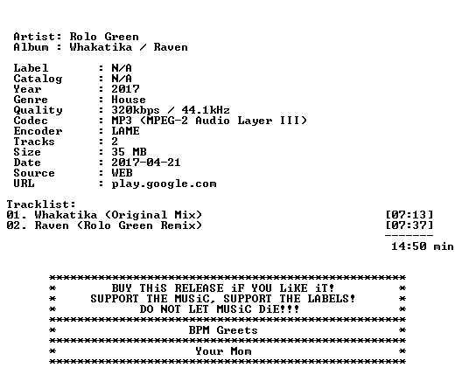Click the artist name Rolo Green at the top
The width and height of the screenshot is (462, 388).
tap(104, 37)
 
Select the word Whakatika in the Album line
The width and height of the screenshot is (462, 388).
tap(101, 47)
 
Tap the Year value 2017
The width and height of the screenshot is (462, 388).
tap(125, 89)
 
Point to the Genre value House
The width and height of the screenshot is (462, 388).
tap(129, 100)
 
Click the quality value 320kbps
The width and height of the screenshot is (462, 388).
tap(136, 110)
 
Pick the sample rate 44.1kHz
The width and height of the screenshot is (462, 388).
tap(206, 110)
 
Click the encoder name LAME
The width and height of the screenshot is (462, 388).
tap(125, 131)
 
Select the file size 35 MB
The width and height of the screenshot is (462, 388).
tap(129, 152)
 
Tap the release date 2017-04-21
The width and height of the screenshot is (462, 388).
tap(146, 163)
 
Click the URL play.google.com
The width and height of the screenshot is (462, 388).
tap(164, 184)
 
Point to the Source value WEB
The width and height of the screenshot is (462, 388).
tap(122, 173)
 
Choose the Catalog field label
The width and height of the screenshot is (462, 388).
tap(38, 79)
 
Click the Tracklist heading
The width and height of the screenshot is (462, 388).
tap(41, 204)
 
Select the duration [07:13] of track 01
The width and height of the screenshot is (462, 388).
tap(409, 215)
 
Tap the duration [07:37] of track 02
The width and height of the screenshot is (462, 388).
tap(409, 225)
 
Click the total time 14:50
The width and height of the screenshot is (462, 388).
tap(409, 246)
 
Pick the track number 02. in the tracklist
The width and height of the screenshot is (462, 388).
tap(17, 225)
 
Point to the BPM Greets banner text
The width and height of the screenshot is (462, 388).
tap(223, 330)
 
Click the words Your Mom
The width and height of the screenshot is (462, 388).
tap(223, 351)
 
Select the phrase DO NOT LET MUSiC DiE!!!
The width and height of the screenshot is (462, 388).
tap(220, 309)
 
